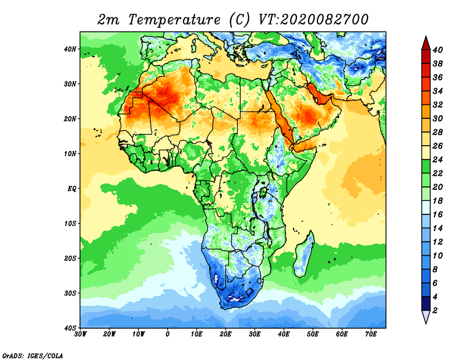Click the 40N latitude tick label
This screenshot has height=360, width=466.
pos(70,49)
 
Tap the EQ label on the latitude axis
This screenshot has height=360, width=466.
pos(72,189)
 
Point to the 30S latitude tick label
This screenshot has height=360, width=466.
pos(70,294)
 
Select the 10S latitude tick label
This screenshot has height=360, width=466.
pos(70,224)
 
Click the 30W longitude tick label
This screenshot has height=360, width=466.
pos(80,334)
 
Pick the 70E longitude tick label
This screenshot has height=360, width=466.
pos(370,334)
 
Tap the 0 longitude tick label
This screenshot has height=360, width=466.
pos(168,334)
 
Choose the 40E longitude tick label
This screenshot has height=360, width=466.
pos(284,334)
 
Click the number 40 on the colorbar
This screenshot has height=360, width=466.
pos(437,50)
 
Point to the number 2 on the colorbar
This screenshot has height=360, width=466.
pos(435,310)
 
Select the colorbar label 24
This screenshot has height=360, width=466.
pos(437,160)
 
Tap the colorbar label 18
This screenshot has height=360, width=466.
pos(437,201)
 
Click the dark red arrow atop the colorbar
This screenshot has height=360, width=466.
pos(426,43)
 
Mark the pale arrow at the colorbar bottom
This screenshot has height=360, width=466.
pos(426,316)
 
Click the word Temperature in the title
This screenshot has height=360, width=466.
pos(174,20)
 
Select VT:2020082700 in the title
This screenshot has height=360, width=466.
pos(313,20)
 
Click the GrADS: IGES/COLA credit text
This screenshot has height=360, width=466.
pos(33,355)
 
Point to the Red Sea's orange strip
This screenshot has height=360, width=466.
pos(281,119)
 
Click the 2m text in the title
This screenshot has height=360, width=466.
pos(108,20)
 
